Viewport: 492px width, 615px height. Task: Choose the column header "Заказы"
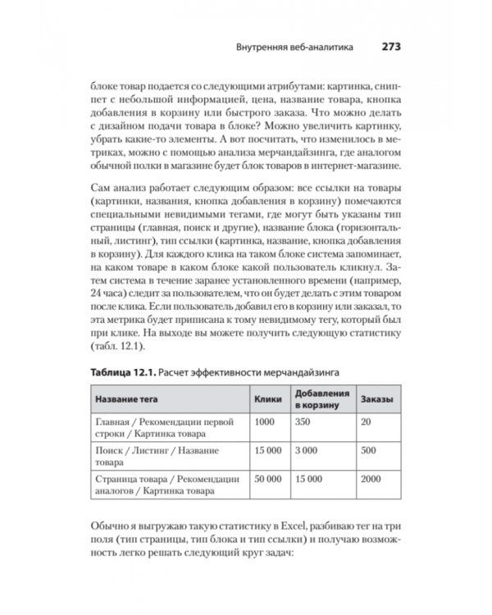[x=375, y=399]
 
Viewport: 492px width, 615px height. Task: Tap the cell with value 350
[x=303, y=421]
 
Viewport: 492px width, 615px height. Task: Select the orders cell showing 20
[x=366, y=421]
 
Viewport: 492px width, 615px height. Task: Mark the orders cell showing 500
[x=368, y=449]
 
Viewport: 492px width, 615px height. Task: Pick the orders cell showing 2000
[x=371, y=477]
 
